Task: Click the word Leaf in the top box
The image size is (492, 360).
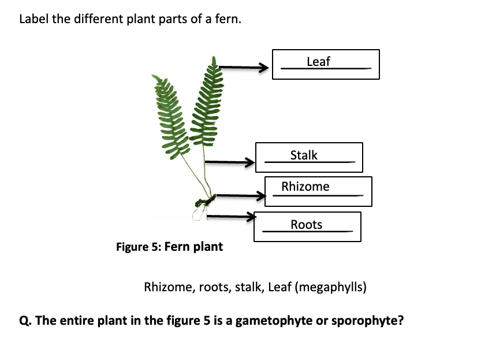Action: point(318,61)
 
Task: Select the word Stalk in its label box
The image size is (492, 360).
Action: point(304,155)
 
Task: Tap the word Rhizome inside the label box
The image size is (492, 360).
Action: point(305,187)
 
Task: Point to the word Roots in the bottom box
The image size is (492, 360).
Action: point(307,225)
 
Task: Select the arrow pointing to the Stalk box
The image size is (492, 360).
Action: point(230,162)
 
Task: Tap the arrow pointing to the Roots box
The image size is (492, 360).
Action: point(230,217)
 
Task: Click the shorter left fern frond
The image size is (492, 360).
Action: point(169,116)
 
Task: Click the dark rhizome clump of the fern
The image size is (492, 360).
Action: point(204,202)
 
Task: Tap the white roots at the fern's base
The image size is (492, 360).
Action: point(199,214)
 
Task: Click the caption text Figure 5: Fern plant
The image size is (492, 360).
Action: point(169,247)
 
